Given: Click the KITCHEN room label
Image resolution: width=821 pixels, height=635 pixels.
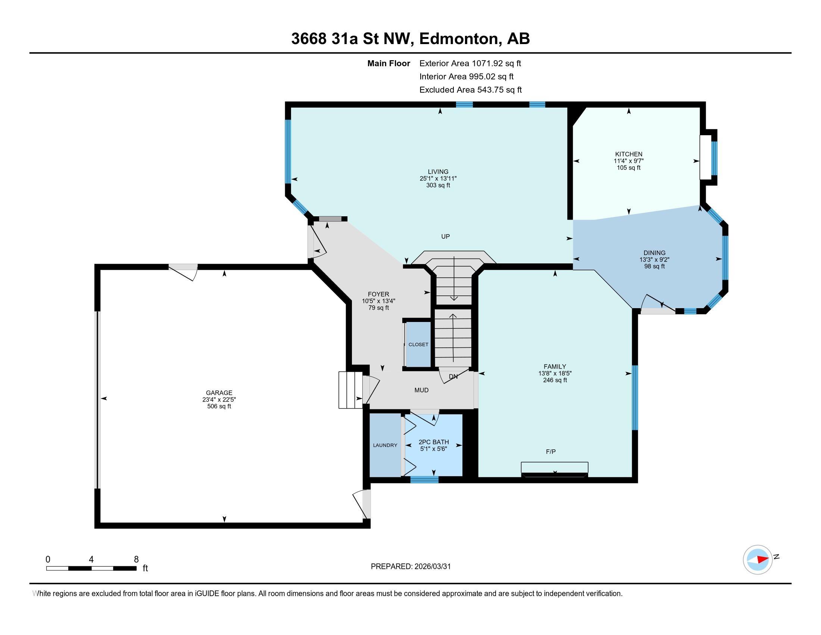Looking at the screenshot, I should pyautogui.click(x=628, y=154).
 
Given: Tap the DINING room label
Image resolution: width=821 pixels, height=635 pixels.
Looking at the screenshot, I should pyautogui.click(x=654, y=253).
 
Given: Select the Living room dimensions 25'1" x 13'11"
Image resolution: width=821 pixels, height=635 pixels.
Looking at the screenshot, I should pyautogui.click(x=438, y=179).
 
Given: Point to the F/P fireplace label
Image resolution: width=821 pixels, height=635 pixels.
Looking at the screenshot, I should pyautogui.click(x=551, y=452).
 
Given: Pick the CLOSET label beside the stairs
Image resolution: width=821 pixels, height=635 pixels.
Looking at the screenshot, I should pyautogui.click(x=418, y=345).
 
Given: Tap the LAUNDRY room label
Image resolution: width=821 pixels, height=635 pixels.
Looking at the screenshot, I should pyautogui.click(x=385, y=445).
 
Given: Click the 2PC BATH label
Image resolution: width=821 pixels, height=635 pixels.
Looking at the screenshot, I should pyautogui.click(x=433, y=442).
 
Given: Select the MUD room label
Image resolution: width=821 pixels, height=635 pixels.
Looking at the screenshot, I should pyautogui.click(x=421, y=390).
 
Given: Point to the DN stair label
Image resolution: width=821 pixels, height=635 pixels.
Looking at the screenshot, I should pyautogui.click(x=453, y=376).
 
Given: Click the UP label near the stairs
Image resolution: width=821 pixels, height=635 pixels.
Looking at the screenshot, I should pyautogui.click(x=446, y=236).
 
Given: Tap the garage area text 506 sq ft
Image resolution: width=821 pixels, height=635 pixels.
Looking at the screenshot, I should pyautogui.click(x=219, y=406).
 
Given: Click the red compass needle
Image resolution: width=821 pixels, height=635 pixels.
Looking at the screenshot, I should pyautogui.click(x=763, y=560).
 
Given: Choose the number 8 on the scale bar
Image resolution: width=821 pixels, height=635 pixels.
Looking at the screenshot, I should pyautogui.click(x=136, y=560).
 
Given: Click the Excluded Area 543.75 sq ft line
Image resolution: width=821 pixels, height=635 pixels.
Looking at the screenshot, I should pyautogui.click(x=470, y=90).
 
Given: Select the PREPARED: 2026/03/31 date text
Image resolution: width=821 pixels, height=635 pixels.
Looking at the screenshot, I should pyautogui.click(x=410, y=567).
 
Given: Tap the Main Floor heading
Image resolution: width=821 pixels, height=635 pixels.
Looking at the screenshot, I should pyautogui.click(x=388, y=63).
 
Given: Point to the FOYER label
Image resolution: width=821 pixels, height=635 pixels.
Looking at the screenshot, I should pyautogui.click(x=378, y=294).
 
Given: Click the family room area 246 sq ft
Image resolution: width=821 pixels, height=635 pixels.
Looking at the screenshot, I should pyautogui.click(x=555, y=380).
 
